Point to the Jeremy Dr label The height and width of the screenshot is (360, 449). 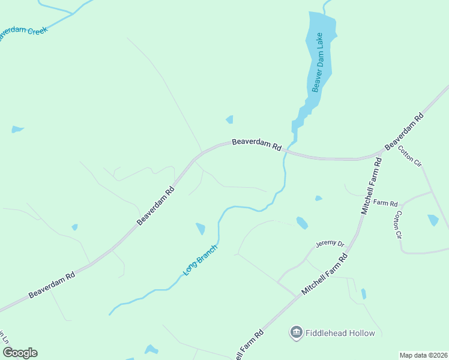pos(330,244)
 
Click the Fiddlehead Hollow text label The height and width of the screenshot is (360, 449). pos(340,333)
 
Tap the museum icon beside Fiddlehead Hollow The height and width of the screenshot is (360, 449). pos(296,333)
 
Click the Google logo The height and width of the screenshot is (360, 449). pos(19,352)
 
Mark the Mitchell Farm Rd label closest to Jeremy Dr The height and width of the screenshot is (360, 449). pos(325,274)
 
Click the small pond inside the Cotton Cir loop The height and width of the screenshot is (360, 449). pos(433,220)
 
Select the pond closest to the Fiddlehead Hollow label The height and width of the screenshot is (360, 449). pos(363,294)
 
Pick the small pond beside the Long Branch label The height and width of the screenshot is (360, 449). pos(200,229)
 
